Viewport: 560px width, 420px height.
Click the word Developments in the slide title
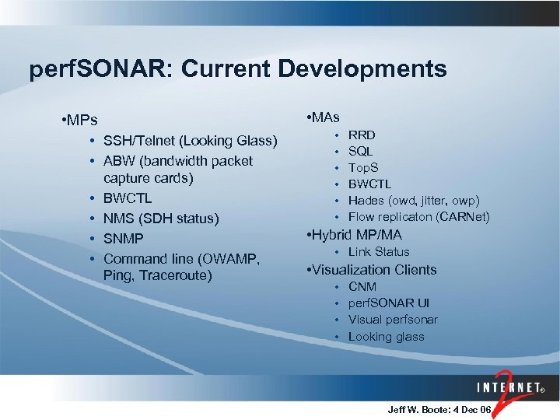362,69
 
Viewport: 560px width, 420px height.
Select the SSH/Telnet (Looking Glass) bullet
190,141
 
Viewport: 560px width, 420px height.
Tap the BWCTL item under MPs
128,198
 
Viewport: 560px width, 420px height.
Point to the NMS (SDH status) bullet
161,219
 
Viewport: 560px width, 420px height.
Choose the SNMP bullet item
124,238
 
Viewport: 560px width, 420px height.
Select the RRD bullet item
362,135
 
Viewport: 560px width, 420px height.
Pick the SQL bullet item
360,151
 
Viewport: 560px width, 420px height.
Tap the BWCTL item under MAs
369,184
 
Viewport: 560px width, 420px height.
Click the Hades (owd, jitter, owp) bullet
414,201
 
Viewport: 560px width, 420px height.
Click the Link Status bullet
379,252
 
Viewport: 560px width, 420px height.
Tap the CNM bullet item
362,287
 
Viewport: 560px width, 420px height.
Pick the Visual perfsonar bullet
393,320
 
